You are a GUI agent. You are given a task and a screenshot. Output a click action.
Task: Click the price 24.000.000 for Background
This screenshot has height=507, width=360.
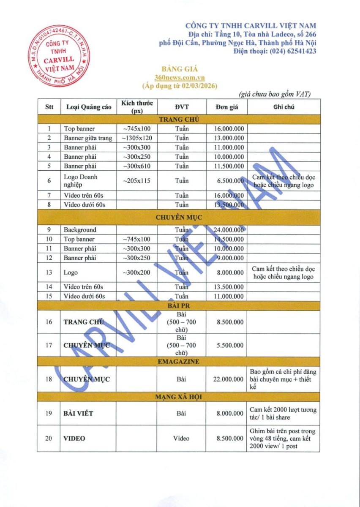tap(229, 230)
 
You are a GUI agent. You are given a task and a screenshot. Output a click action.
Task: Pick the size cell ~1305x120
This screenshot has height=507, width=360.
tap(136, 138)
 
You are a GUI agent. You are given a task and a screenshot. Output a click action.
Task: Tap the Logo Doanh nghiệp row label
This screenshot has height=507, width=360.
tap(81, 181)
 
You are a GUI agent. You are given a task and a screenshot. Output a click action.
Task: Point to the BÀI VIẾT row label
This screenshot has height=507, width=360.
tap(78, 413)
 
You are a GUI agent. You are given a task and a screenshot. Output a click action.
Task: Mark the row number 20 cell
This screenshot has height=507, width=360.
tap(49, 439)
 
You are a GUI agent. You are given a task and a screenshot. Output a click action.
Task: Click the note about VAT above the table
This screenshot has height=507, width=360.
tap(274, 94)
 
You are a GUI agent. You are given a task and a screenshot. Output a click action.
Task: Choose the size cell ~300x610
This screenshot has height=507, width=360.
tap(136, 166)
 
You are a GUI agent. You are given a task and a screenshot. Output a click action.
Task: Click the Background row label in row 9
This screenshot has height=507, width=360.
tap(80, 230)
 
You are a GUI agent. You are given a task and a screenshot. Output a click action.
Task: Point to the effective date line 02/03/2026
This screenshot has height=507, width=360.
tap(180, 86)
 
